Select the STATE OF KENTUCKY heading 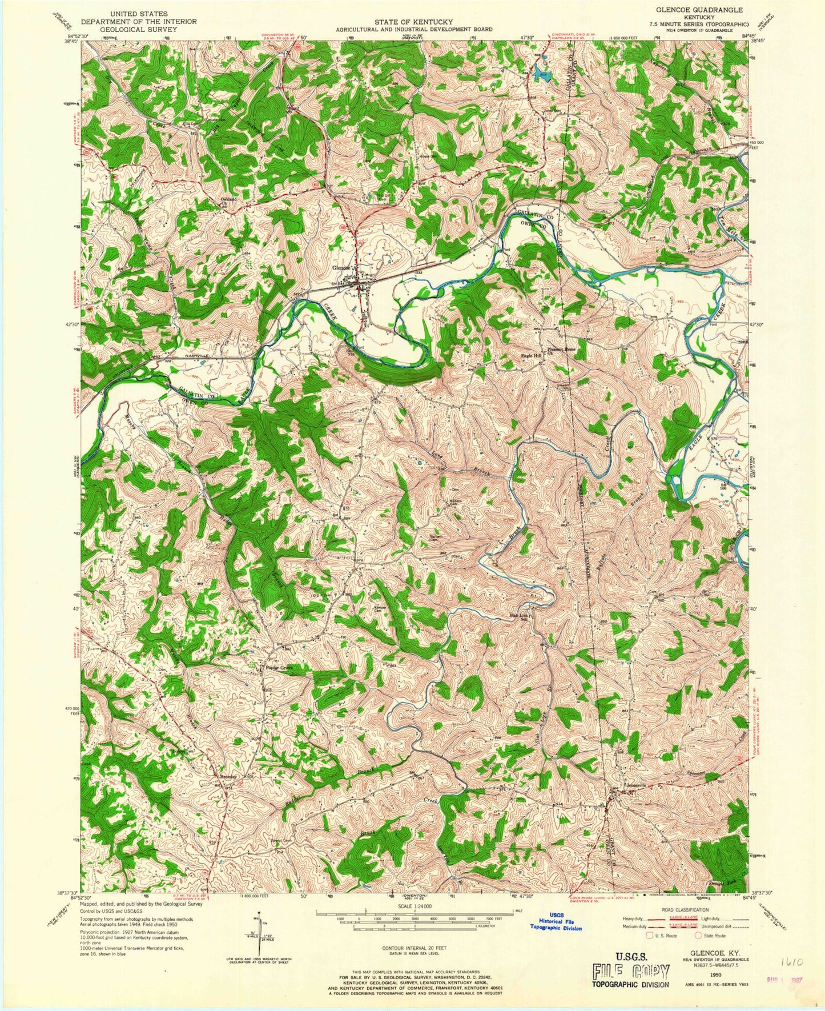(x=413, y=22)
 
